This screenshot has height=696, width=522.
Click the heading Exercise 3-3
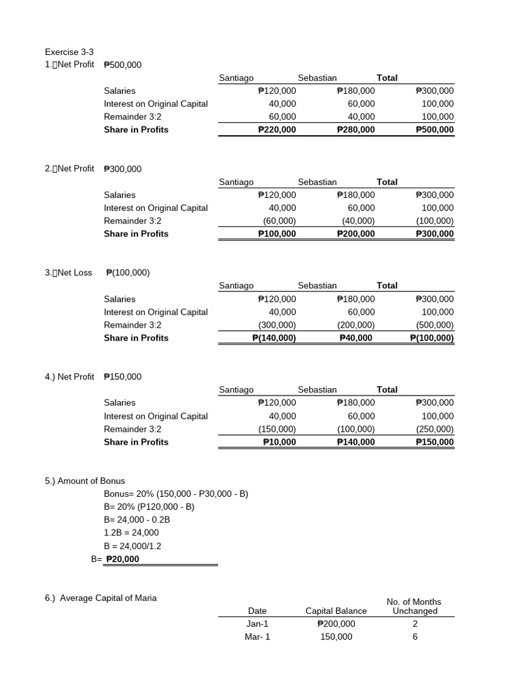69,52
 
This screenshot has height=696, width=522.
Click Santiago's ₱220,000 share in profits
277,130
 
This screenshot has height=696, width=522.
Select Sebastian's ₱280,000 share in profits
355,130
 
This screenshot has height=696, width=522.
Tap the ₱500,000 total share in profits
434,130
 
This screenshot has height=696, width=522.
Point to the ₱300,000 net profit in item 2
123,169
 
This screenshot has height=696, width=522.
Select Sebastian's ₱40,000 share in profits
355,338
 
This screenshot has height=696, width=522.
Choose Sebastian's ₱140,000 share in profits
355,442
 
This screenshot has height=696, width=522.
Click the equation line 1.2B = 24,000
131,533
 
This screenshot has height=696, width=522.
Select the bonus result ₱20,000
123,559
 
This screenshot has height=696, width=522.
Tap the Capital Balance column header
336,610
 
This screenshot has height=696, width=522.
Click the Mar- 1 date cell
258,637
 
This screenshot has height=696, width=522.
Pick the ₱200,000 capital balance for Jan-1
336,623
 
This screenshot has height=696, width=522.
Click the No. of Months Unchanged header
414,606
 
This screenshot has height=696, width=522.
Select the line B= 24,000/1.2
133,546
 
